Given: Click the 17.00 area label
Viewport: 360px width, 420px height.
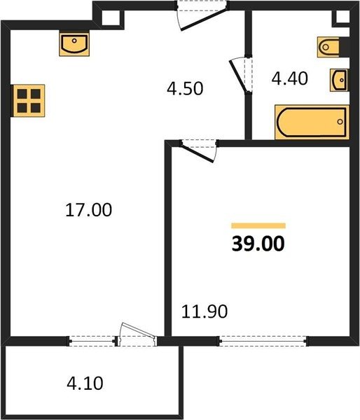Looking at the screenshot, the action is [x=88, y=210].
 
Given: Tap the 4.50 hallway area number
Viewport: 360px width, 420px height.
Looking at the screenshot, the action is [x=185, y=89].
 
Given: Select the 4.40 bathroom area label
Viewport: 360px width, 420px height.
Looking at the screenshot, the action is [x=289, y=78].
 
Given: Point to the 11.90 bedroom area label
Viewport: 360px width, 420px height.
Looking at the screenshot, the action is [x=205, y=311].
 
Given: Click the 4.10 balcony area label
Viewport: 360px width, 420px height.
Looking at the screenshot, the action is [x=85, y=384].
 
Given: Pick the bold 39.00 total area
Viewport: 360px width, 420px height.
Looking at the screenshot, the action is [x=258, y=244].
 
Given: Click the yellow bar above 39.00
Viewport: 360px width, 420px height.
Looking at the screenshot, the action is [x=258, y=226].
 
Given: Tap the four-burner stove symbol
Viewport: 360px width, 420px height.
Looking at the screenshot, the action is [x=29, y=101].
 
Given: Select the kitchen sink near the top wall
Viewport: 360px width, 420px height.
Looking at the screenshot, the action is [x=74, y=45].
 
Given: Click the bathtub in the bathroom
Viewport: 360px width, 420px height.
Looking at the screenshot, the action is [x=312, y=122].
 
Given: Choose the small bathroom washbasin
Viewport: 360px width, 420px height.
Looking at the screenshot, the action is [x=340, y=80].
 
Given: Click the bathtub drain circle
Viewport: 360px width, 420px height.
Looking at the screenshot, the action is [x=340, y=122].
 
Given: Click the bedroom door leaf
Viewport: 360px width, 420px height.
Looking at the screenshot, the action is [x=198, y=153].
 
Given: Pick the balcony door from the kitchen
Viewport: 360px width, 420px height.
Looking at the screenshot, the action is [x=137, y=335].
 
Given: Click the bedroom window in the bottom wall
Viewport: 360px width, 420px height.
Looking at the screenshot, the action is [x=263, y=342].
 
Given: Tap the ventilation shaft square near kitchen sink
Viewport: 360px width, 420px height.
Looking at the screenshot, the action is [x=110, y=17].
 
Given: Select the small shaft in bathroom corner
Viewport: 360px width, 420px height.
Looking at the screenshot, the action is [x=342, y=17].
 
